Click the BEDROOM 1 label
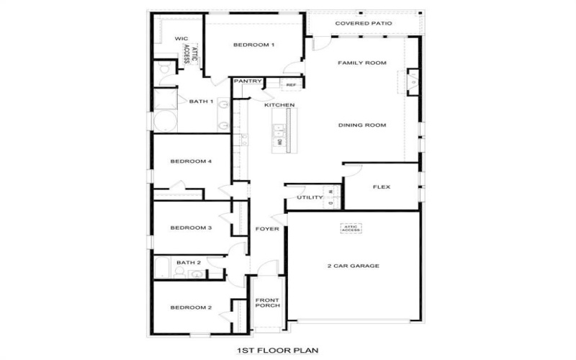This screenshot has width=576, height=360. point(253,45)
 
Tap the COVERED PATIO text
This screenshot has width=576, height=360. point(364,24)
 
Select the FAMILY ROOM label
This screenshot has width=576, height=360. point(362,63)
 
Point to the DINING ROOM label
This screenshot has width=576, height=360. point(362,125)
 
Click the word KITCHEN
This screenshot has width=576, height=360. point(279,106)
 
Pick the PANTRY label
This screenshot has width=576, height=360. point(247,81)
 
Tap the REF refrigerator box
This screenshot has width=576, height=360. point(291,85)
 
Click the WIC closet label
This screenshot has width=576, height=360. point(181,40)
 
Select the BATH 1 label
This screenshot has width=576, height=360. point(201,102)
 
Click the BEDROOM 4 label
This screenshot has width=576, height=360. point(190,161)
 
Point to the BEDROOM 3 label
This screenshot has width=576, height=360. point(190,228)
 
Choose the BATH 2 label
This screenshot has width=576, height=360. point(188,263)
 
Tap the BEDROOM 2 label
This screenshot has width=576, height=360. point(190,307)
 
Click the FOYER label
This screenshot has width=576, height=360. point(267,229)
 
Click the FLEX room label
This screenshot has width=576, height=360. point(381,187)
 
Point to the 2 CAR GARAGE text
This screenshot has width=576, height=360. point(353,266)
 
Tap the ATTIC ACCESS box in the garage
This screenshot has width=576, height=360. point(351,228)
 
